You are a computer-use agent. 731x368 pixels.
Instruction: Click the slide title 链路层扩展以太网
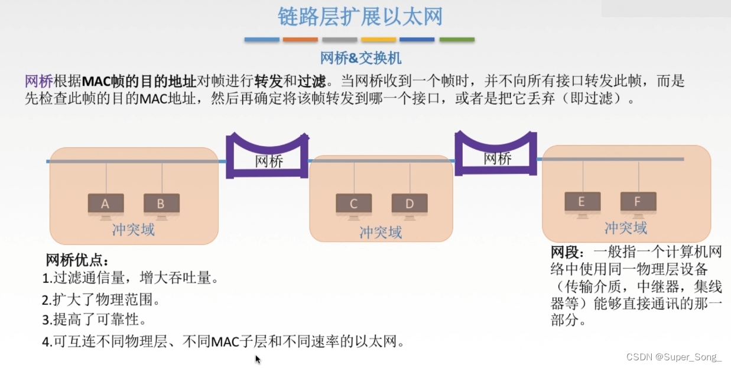click(x=360, y=17)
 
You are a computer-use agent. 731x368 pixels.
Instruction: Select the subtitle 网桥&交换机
click(x=360, y=58)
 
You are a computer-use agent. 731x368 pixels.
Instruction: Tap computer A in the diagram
click(x=106, y=204)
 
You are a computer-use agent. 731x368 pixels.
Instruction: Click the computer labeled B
click(x=161, y=204)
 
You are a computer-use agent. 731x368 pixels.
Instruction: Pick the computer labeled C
click(x=353, y=204)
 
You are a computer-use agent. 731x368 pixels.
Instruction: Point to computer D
click(x=410, y=204)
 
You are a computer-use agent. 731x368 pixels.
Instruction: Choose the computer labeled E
click(x=582, y=202)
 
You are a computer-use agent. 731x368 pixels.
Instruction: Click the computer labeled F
click(x=638, y=202)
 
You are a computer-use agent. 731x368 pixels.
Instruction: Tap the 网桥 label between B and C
click(x=269, y=161)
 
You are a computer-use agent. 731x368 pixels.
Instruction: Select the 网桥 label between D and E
click(x=498, y=158)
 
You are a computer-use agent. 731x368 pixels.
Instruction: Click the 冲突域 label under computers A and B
click(x=134, y=230)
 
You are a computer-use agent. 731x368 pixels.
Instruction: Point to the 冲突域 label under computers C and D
click(x=381, y=233)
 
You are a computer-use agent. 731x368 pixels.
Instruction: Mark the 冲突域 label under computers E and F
click(x=625, y=228)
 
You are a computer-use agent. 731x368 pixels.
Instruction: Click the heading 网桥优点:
click(x=77, y=260)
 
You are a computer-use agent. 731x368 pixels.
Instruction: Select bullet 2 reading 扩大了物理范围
click(x=101, y=299)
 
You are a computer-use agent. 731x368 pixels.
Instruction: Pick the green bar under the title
click(x=457, y=40)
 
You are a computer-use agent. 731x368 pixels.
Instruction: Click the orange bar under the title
click(x=300, y=40)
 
